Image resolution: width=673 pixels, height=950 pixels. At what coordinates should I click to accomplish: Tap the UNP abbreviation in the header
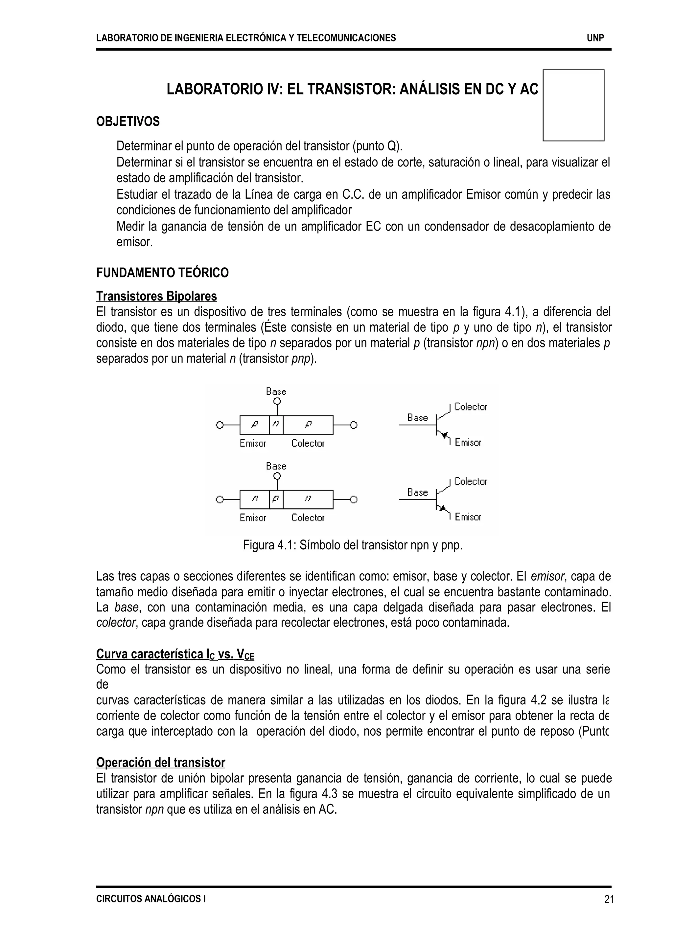tap(595, 38)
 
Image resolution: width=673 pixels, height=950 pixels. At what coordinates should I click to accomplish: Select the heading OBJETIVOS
tap(128, 122)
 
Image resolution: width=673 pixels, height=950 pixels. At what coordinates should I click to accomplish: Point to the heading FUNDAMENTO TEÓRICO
tap(162, 273)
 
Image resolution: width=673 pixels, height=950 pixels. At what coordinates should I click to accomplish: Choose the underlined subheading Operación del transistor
tap(160, 762)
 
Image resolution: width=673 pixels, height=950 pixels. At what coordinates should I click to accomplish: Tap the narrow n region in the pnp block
tap(276, 425)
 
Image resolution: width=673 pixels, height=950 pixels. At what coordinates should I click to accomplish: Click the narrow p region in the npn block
tap(276, 499)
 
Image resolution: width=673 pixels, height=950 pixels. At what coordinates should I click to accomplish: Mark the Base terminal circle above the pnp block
tap(277, 401)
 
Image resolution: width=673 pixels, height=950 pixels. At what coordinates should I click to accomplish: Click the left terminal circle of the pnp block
tap(220, 425)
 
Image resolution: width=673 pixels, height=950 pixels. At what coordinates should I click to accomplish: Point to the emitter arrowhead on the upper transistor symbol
tap(445, 435)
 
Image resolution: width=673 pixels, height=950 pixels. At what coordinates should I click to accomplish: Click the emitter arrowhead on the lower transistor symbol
tap(443, 508)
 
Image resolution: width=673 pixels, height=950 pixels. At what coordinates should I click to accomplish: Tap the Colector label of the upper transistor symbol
tap(470, 407)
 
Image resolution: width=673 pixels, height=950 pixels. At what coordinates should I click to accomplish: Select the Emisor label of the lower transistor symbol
tap(468, 517)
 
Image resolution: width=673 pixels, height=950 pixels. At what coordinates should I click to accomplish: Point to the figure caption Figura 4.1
tap(352, 545)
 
